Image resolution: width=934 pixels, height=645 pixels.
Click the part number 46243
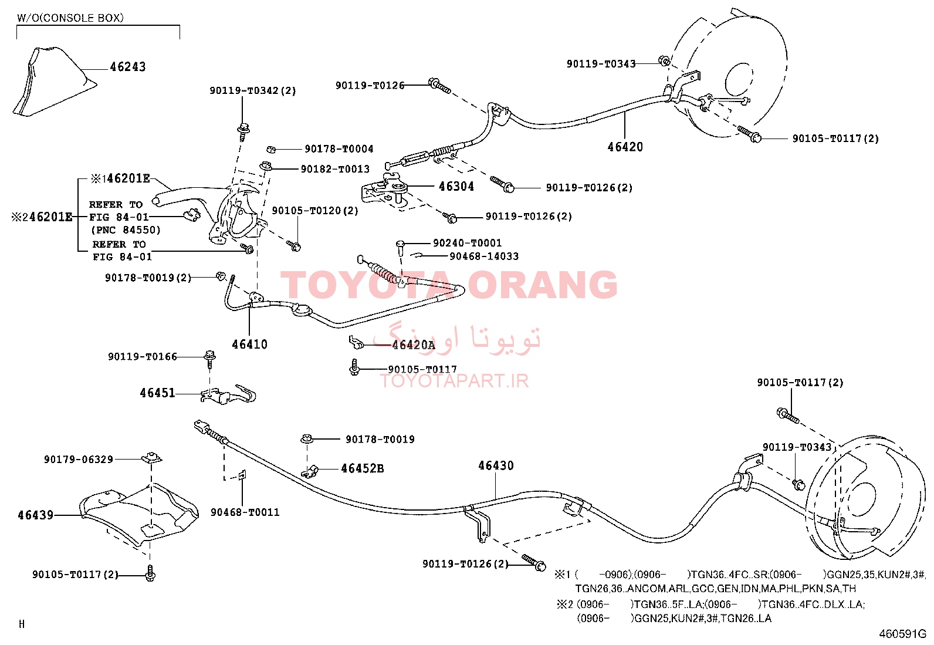tap(127, 67)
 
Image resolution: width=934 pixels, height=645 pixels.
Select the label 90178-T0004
tap(339, 149)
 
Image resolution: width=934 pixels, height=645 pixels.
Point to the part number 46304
tap(456, 186)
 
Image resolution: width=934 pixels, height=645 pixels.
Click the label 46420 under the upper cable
tap(625, 147)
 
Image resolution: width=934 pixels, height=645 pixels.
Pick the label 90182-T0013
tap(335, 169)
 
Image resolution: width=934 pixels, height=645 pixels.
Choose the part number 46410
tap(249, 344)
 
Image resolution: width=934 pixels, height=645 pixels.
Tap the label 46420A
tap(413, 345)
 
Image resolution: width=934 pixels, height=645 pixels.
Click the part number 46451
tap(157, 393)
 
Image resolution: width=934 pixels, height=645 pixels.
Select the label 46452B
tap(363, 468)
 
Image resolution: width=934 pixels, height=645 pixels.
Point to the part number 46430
tap(496, 465)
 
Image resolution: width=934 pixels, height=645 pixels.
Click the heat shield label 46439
tap(35, 515)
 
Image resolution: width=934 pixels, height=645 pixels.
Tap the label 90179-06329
tap(79, 460)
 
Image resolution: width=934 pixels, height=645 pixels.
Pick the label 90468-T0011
tap(245, 512)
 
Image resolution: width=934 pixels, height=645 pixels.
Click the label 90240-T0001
tap(467, 243)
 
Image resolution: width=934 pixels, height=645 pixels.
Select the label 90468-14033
tap(483, 256)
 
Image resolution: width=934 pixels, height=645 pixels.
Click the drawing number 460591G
tap(902, 634)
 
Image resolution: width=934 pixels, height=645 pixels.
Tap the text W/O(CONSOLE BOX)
tap(70, 18)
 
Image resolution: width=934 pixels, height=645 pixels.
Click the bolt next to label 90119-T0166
tap(209, 360)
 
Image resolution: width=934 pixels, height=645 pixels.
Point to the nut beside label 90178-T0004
tap(270, 149)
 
